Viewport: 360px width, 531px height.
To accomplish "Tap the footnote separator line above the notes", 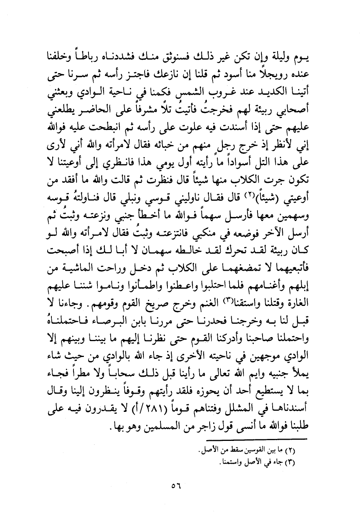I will click(256, 439).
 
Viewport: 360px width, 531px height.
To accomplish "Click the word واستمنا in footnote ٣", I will click(223, 463).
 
